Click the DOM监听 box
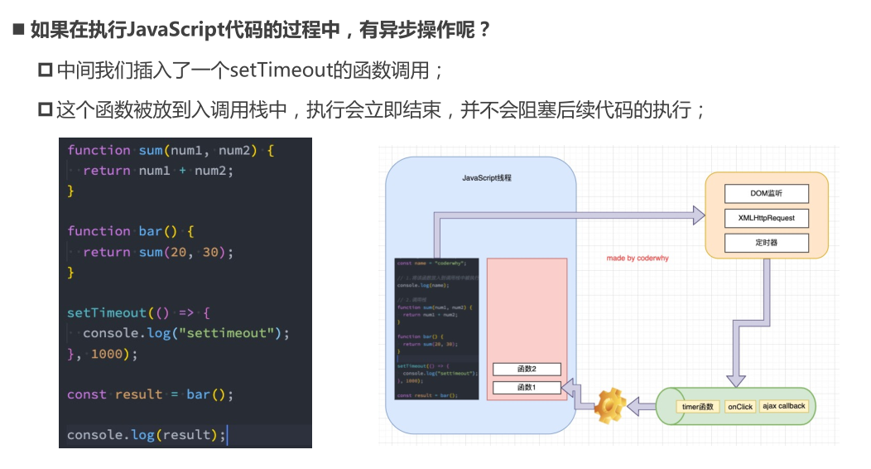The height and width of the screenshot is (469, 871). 766,193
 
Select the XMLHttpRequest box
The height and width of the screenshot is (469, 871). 766,218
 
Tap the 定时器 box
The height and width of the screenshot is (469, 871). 766,243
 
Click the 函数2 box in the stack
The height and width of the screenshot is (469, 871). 527,370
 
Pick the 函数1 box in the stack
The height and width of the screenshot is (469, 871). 527,388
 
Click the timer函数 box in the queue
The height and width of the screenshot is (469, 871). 698,407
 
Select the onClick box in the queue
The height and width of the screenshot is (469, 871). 740,407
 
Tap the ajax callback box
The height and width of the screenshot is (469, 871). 783,407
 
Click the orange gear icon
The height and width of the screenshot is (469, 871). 610,404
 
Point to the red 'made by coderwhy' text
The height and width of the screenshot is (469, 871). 638,259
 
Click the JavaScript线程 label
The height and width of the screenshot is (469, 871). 487,178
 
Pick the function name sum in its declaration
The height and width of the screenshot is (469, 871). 150,150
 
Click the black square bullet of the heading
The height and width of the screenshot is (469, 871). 18,31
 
